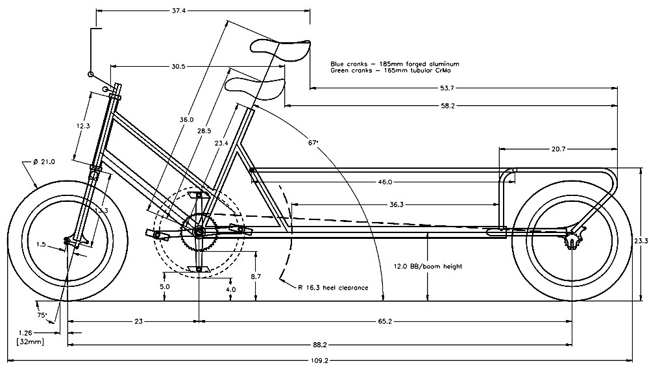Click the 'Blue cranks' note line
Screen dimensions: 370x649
point(395,64)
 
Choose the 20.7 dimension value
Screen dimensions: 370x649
point(558,149)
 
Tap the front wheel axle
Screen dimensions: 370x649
point(67,241)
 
